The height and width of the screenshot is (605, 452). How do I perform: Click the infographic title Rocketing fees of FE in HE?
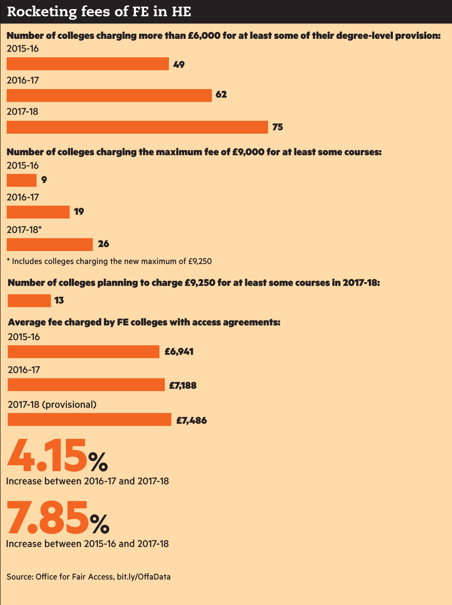[x=99, y=11]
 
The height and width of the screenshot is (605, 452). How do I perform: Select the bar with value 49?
[x=88, y=64]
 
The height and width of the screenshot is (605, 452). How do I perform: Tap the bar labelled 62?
[x=109, y=95]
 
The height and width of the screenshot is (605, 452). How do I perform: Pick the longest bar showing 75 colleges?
[x=137, y=127]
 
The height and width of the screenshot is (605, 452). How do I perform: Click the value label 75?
[x=277, y=127]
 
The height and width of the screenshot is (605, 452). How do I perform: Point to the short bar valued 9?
[x=21, y=180]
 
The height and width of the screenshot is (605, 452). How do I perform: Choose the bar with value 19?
[x=38, y=212]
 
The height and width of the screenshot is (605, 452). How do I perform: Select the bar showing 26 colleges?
[x=50, y=244]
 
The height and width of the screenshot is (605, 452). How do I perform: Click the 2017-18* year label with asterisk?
[x=24, y=229]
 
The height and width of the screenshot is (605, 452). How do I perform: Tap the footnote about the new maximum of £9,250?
[x=109, y=261]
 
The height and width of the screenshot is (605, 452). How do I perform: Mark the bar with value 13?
[x=29, y=300]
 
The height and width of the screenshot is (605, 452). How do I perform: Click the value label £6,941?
[x=179, y=351]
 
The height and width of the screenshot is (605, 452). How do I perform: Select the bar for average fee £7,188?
[x=86, y=385]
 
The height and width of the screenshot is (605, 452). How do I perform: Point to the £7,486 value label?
[x=191, y=420]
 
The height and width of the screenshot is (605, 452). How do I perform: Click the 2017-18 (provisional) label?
[x=52, y=405]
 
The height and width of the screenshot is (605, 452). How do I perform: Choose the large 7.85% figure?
[x=58, y=518]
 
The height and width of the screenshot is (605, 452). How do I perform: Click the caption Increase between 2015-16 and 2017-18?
[x=87, y=544]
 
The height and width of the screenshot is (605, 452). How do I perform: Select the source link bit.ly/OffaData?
[x=144, y=577]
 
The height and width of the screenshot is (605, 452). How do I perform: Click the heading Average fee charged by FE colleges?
[x=144, y=322]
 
